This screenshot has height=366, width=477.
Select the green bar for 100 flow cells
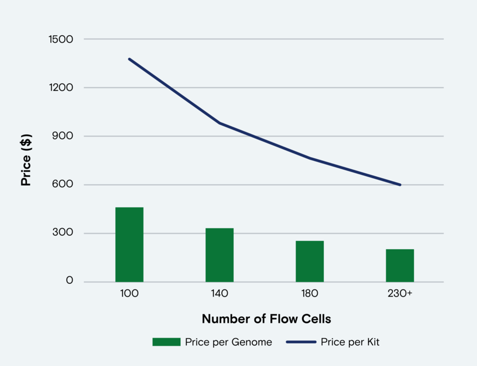(x=129, y=244)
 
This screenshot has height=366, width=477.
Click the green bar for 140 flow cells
(x=220, y=255)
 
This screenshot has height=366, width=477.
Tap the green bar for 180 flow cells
(x=310, y=261)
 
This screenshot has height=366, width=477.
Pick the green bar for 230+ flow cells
(x=400, y=265)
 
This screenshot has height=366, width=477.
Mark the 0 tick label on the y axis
(x=70, y=281)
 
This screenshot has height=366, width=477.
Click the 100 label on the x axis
(x=129, y=294)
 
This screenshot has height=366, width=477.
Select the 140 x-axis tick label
(x=220, y=294)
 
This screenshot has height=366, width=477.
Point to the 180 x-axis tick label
(x=310, y=294)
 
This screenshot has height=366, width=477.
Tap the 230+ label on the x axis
(x=400, y=294)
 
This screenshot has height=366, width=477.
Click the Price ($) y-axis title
(x=26, y=160)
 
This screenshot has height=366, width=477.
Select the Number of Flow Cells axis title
(x=266, y=319)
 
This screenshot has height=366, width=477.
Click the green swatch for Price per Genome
(x=166, y=342)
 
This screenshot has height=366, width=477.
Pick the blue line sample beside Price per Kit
(x=301, y=342)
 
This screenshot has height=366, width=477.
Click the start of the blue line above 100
(x=129, y=59)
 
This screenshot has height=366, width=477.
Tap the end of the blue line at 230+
(x=400, y=185)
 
